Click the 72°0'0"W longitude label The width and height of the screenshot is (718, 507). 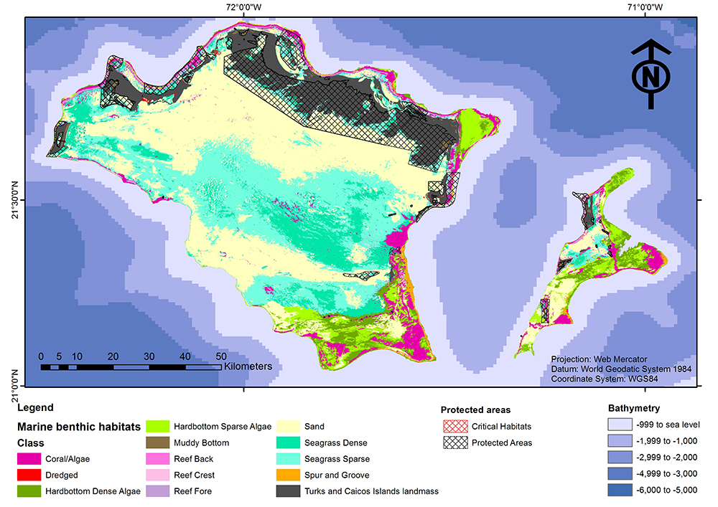243,7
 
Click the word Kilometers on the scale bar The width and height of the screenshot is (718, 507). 248,366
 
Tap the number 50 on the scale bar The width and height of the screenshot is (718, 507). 220,356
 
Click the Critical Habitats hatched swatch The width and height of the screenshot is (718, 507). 455,427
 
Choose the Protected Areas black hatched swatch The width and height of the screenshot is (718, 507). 455,442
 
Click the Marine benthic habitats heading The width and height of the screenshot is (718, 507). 79,427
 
